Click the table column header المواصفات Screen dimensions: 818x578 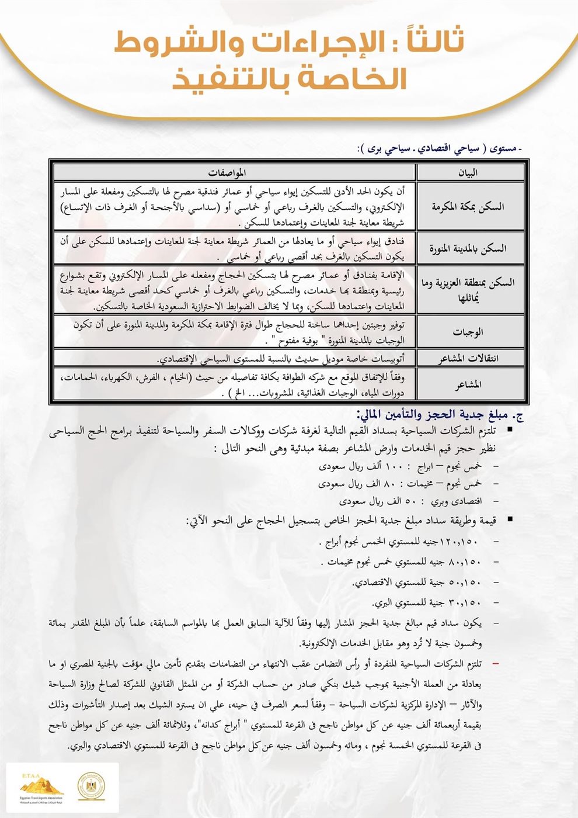[235, 172]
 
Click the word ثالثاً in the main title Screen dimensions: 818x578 [430, 42]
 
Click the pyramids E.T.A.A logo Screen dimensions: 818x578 [41, 786]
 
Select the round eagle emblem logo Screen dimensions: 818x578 [92, 786]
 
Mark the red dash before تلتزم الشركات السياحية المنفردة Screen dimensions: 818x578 [495, 665]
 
